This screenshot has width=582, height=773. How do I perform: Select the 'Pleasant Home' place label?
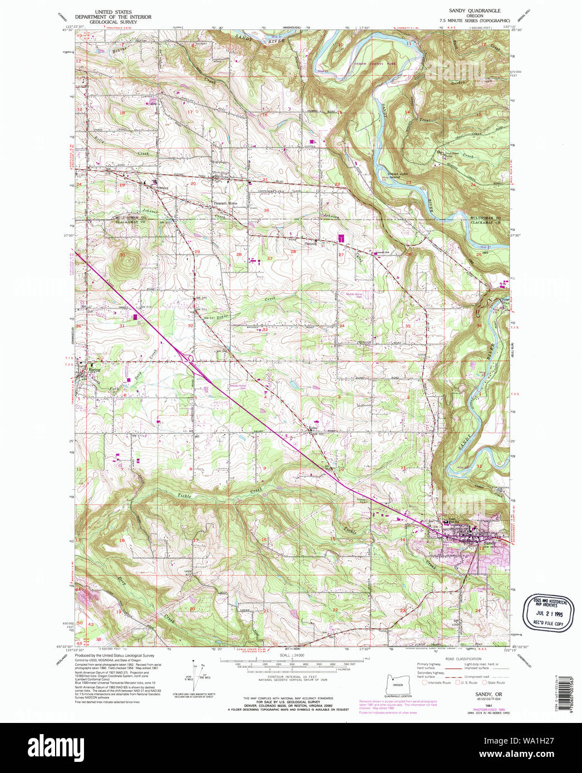[226, 204]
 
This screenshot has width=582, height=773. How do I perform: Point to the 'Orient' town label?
[162, 188]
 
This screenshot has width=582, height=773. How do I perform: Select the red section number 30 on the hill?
[122, 255]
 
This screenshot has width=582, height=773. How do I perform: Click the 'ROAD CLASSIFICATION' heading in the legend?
[463, 659]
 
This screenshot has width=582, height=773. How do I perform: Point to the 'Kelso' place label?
[314, 428]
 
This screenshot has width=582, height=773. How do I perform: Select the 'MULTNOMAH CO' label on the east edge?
[490, 218]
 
